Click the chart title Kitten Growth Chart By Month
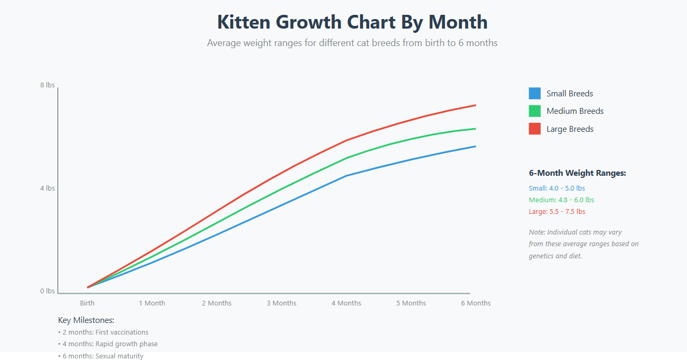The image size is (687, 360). [x=352, y=22]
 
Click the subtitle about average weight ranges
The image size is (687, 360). [x=352, y=43]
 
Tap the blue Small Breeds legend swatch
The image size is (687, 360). [x=534, y=94]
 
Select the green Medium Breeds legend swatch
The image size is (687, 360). [x=534, y=111]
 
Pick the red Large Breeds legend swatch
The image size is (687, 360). [x=534, y=129]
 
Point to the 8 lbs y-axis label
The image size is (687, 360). [x=47, y=85]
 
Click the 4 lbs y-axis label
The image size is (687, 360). [x=47, y=188]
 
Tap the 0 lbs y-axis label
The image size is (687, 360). [x=47, y=291]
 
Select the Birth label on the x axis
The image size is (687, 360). [x=87, y=303]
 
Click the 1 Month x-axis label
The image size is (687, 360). [x=152, y=303]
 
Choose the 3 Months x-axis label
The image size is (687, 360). [x=281, y=303]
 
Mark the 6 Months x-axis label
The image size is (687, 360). [x=476, y=303]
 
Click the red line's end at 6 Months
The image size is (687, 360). [x=475, y=105]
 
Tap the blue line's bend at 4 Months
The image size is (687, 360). [x=346, y=176]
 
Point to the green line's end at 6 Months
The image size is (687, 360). [x=475, y=129]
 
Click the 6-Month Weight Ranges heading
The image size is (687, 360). [x=577, y=173]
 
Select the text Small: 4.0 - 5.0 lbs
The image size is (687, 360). [x=557, y=188]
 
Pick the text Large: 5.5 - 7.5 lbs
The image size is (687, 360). [x=557, y=212]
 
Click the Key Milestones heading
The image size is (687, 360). [x=86, y=320]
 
